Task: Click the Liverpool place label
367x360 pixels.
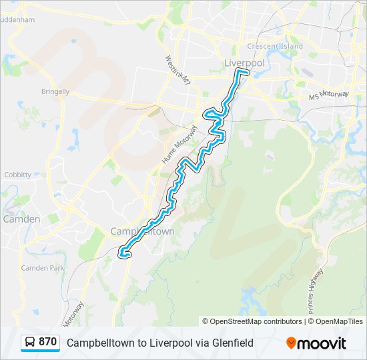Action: (x=245, y=63)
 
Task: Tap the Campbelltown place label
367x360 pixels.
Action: (x=142, y=231)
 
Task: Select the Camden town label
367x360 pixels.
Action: (x=21, y=219)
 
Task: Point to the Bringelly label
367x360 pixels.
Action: (x=55, y=91)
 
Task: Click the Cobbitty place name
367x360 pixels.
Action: (x=17, y=175)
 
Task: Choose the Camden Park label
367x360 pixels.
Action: (x=42, y=267)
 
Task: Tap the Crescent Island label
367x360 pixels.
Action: (x=274, y=46)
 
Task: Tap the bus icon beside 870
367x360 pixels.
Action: (x=30, y=343)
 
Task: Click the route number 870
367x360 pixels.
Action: (x=47, y=342)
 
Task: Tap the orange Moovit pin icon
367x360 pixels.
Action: (x=291, y=343)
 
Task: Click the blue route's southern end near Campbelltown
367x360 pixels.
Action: (x=122, y=253)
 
